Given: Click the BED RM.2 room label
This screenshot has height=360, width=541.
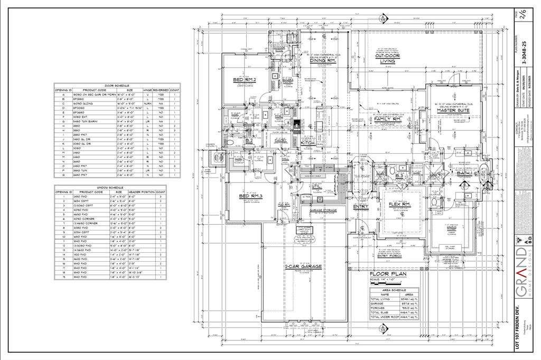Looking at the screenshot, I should (x=245, y=79).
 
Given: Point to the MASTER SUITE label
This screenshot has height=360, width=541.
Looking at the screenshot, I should (x=453, y=95).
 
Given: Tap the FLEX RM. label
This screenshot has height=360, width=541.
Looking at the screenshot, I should (x=400, y=203).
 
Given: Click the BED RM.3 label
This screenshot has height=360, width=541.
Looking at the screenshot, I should (x=250, y=196).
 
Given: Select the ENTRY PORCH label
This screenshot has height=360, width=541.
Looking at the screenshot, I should (x=390, y=256).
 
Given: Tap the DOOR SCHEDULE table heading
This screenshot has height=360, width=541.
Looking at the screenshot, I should (x=117, y=85).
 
